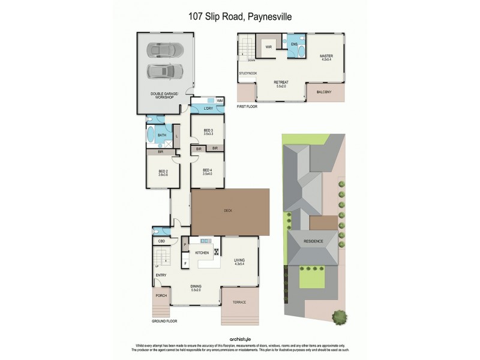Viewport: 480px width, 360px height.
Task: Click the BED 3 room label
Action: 208,131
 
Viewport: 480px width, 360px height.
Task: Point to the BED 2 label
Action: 163,173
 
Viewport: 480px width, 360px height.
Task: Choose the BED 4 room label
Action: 208,171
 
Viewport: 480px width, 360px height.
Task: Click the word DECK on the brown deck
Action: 227,211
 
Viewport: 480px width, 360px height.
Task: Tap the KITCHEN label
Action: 202,253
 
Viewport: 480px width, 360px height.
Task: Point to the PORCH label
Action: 161,296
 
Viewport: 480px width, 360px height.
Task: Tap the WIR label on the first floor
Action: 269,46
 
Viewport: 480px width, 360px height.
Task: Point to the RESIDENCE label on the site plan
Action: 313,241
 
